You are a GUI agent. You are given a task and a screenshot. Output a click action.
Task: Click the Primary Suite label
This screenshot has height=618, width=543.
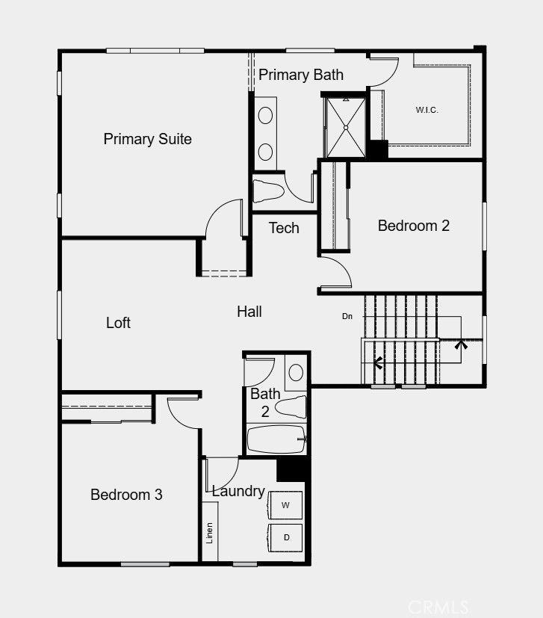click(x=147, y=139)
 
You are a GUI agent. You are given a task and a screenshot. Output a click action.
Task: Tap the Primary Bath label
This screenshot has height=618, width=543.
click(x=301, y=75)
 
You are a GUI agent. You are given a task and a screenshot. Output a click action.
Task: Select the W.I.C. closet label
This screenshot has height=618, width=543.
click(x=426, y=111)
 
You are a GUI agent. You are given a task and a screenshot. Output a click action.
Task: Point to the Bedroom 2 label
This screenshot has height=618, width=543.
click(x=414, y=226)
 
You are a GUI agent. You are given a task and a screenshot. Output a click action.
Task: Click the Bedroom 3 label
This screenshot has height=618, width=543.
click(x=126, y=495)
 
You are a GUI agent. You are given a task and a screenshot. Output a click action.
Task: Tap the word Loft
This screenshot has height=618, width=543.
click(x=118, y=323)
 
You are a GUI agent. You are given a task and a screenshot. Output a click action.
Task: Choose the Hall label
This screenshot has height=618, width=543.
click(x=249, y=312)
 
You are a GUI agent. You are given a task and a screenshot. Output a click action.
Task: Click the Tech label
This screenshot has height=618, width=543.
click(x=284, y=228)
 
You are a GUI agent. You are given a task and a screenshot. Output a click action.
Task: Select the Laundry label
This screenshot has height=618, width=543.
click(x=238, y=491)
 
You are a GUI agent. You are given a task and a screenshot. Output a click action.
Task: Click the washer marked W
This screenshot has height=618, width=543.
click(x=285, y=506)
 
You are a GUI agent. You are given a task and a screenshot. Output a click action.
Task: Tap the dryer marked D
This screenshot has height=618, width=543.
click(x=286, y=537)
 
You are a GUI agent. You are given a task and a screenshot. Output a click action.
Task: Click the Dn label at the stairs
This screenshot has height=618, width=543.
click(x=347, y=316)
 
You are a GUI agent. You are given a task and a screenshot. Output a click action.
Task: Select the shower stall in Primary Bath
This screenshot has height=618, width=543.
click(x=345, y=127)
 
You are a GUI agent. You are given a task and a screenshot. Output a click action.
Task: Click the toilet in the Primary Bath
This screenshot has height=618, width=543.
click(x=268, y=190)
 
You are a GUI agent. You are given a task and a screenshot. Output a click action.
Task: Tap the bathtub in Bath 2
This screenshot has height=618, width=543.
click(x=275, y=439)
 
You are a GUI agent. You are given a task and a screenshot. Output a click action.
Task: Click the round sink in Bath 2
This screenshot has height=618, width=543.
click(x=296, y=372)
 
